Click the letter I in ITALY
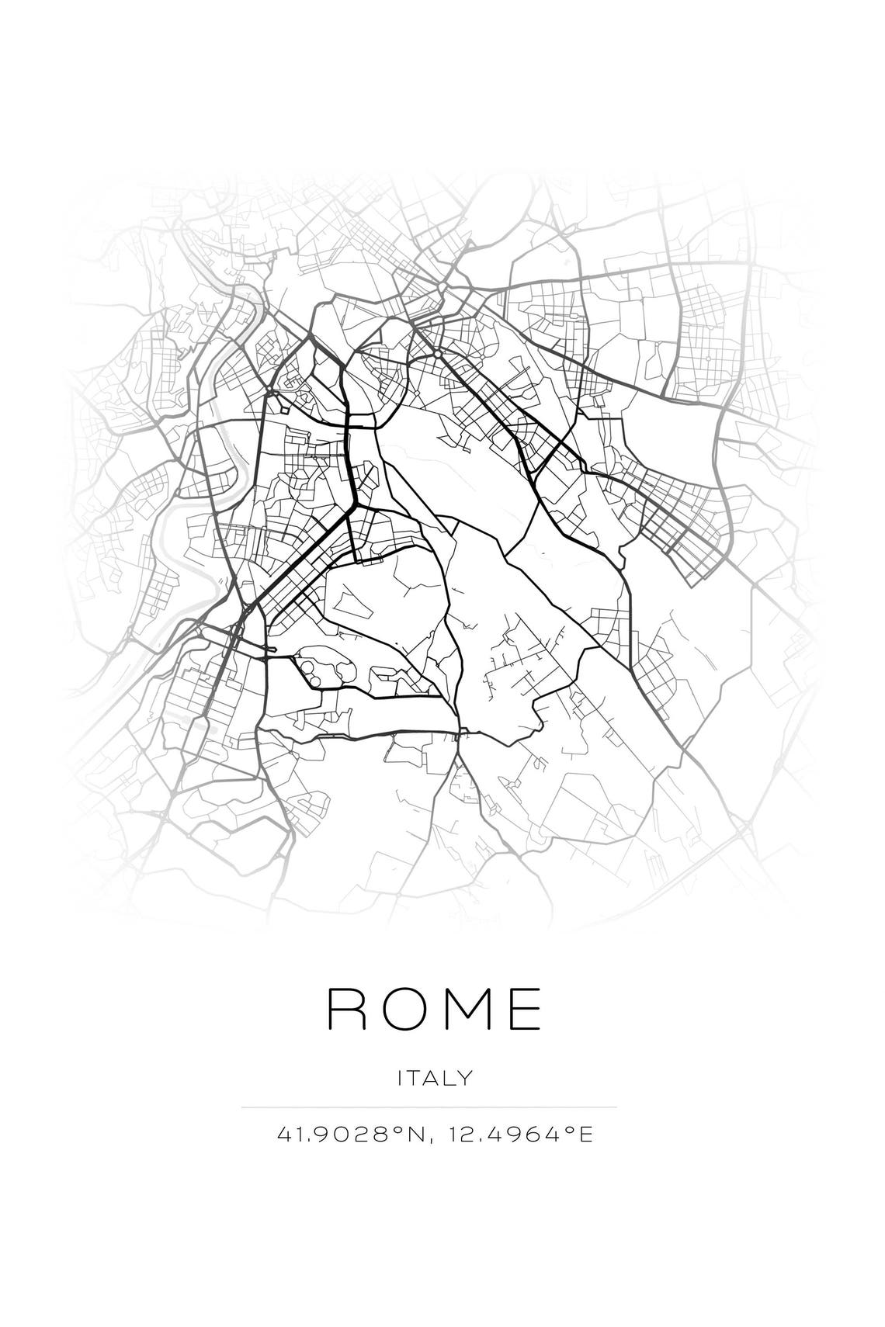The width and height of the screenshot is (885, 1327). click(400, 1078)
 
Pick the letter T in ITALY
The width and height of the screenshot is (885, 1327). click(414, 1078)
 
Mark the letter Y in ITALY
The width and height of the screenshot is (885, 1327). click(464, 1078)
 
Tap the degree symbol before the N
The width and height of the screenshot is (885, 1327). click(394, 1131)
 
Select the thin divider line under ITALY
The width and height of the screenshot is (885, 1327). click(429, 1107)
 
